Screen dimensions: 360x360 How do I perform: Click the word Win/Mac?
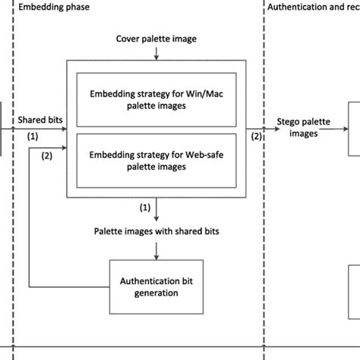click(200, 94)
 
